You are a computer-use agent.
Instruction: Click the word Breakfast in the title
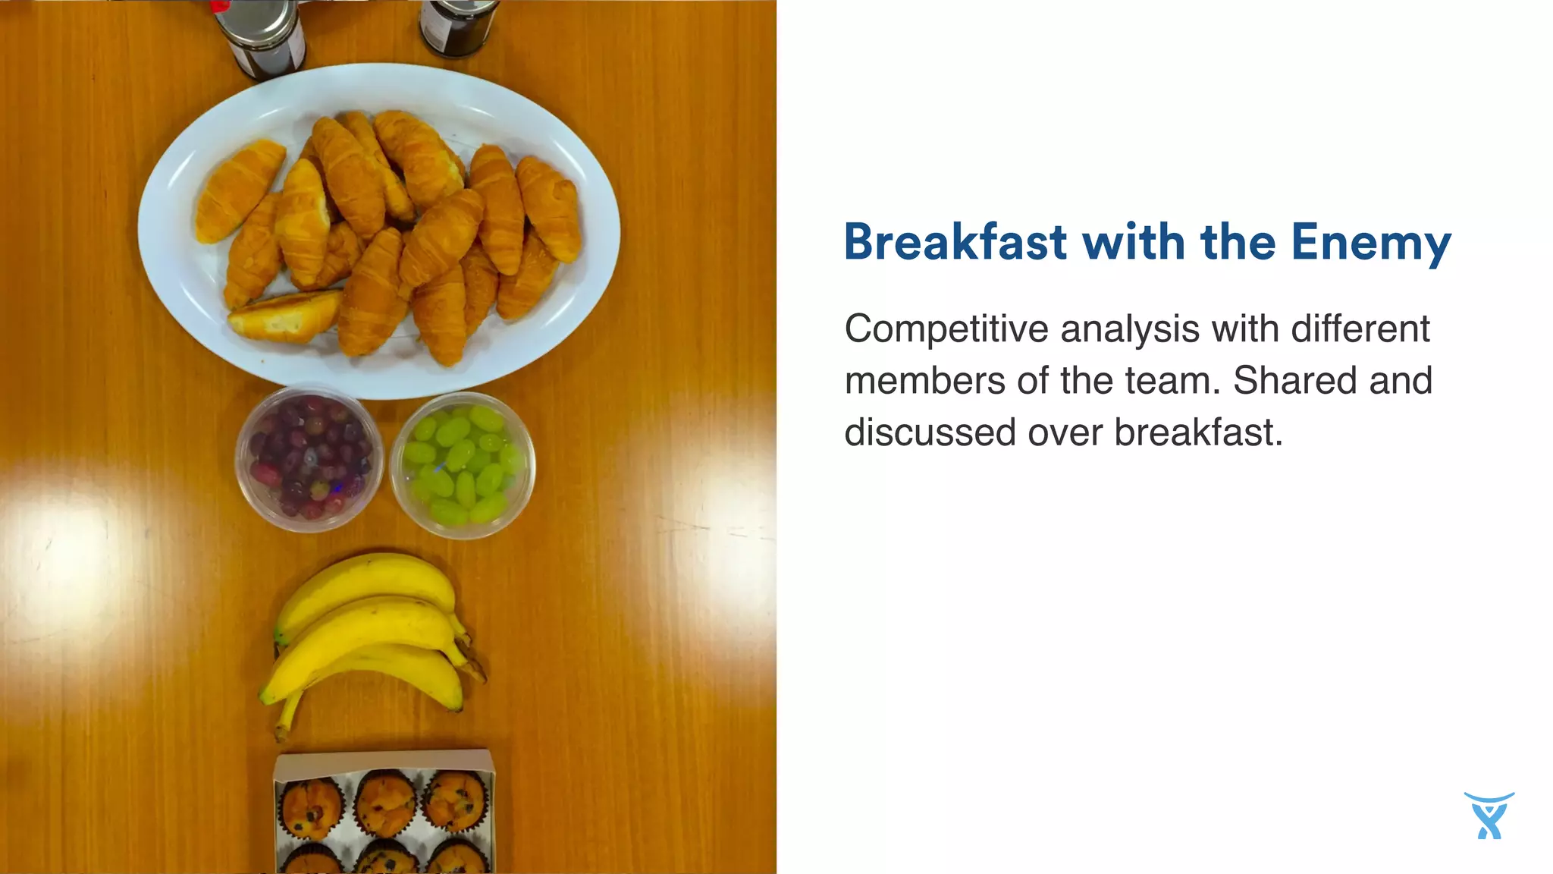tap(955, 243)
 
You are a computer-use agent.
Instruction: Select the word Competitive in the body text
tap(947, 330)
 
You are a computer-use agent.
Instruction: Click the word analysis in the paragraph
tap(1130, 330)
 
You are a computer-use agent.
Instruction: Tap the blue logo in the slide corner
tap(1489, 816)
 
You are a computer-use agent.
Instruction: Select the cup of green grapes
tap(462, 464)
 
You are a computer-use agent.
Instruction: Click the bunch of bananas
tap(368, 637)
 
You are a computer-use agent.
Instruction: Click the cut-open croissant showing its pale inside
tap(284, 316)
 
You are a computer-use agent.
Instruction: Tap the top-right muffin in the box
tap(454, 800)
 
